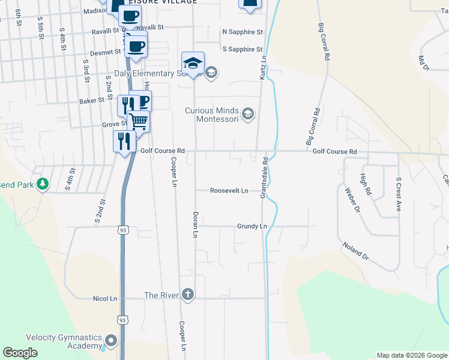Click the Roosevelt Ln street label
pyautogui.click(x=229, y=191)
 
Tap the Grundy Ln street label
pyautogui.click(x=252, y=227)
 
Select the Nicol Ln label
pyautogui.click(x=105, y=298)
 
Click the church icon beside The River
pyautogui.click(x=187, y=295)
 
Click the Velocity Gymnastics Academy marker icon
pyautogui.click(x=110, y=341)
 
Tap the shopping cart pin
pyautogui.click(x=139, y=122)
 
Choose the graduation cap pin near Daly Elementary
pyautogui.click(x=193, y=63)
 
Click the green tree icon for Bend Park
pyautogui.click(x=42, y=184)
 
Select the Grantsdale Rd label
pyautogui.click(x=264, y=178)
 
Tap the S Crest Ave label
pyautogui.click(x=398, y=194)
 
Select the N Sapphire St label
pyautogui.click(x=243, y=31)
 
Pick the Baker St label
pyautogui.click(x=92, y=101)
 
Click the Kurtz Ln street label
pyautogui.click(x=264, y=66)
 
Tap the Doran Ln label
pyautogui.click(x=195, y=224)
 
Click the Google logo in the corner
pyautogui.click(x=20, y=353)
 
